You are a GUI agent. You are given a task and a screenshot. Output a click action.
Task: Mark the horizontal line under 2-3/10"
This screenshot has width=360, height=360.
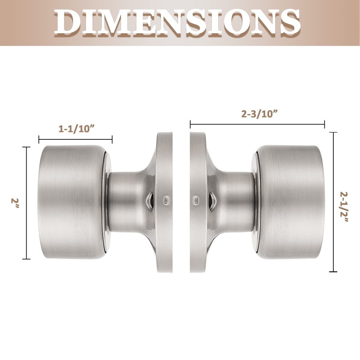(x=257, y=125)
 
